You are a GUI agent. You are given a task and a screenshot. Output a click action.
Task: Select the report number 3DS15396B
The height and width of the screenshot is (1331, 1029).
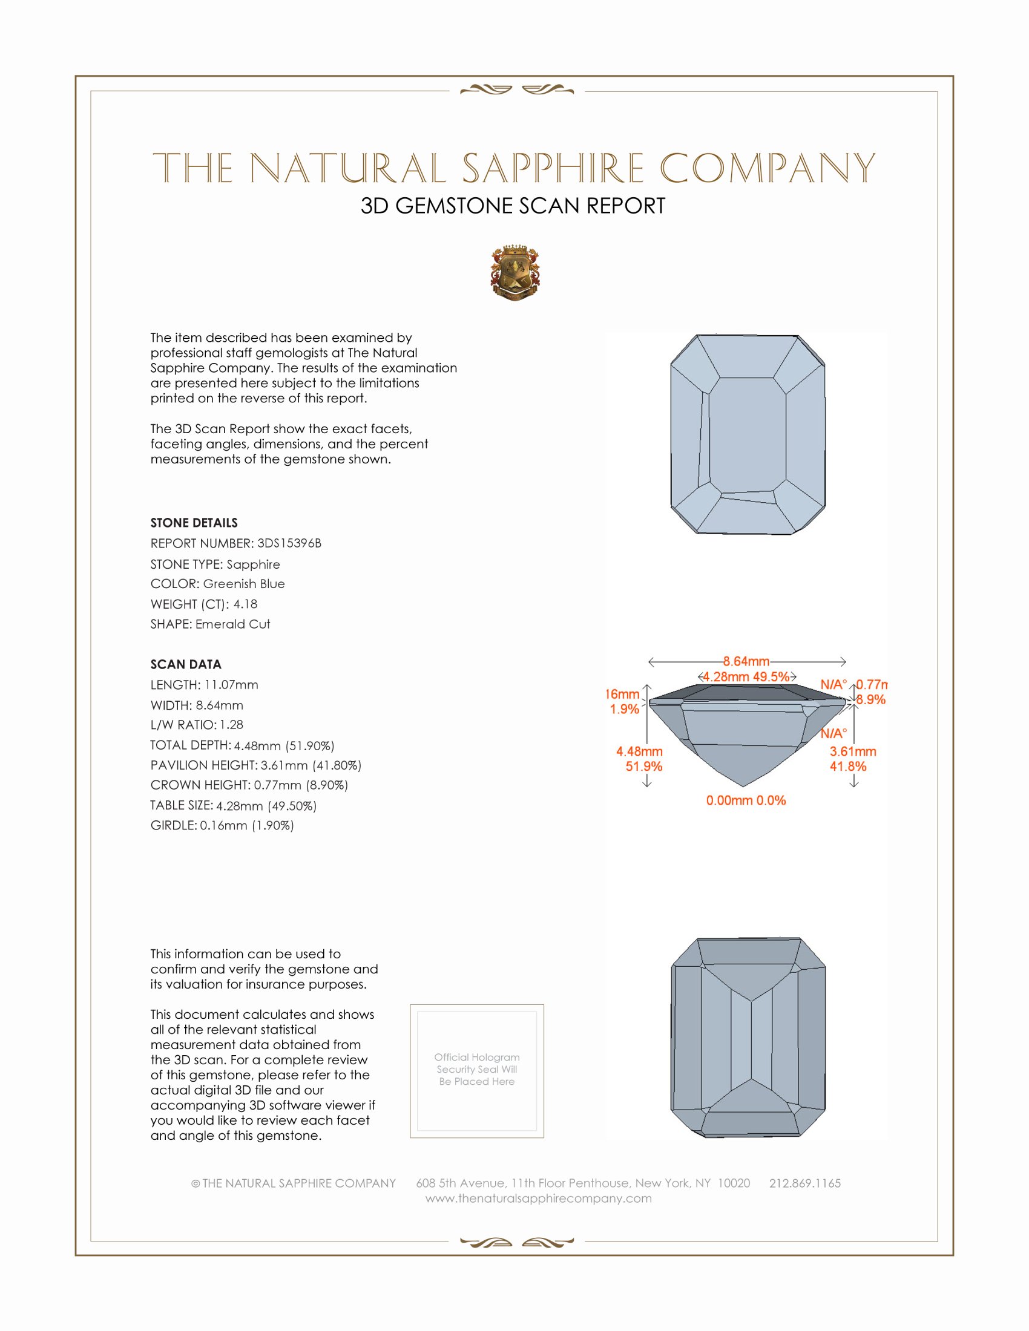pyautogui.click(x=289, y=543)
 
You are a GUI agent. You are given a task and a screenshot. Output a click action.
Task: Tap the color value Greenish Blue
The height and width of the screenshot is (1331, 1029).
pyautogui.click(x=244, y=584)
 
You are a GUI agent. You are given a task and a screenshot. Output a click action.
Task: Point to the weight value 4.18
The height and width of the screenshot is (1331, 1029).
pyautogui.click(x=245, y=604)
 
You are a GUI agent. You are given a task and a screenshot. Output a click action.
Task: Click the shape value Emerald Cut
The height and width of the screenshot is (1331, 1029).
pyautogui.click(x=233, y=624)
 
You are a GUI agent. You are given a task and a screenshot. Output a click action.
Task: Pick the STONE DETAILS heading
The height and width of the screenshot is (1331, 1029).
pyautogui.click(x=194, y=523)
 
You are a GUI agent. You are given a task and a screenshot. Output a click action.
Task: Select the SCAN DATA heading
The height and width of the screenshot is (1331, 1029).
pyautogui.click(x=186, y=664)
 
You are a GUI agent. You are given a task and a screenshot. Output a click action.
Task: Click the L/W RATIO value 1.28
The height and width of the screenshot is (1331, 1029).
pyautogui.click(x=232, y=725)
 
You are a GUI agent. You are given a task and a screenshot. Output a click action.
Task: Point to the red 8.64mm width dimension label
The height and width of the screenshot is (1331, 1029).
pyautogui.click(x=746, y=661)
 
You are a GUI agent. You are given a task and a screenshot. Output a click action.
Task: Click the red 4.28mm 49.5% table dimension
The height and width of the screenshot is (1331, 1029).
pyautogui.click(x=746, y=676)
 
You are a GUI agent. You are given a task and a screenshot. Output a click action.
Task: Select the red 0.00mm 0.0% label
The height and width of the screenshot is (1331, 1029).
pyautogui.click(x=746, y=800)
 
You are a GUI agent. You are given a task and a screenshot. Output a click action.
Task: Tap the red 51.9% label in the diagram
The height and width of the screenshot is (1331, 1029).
pyautogui.click(x=644, y=767)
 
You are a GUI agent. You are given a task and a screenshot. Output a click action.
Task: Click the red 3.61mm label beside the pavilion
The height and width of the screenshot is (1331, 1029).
pyautogui.click(x=853, y=751)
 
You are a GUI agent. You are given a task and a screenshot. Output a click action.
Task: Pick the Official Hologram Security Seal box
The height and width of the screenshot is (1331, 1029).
pyautogui.click(x=477, y=1071)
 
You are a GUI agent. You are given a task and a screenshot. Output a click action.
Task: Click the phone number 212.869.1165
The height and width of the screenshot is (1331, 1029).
pyautogui.click(x=804, y=1183)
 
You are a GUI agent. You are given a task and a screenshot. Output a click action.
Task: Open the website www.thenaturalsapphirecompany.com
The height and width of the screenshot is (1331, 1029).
pyautogui.click(x=538, y=1198)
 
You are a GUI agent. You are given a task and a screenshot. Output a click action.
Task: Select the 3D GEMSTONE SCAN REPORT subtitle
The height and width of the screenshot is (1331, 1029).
pyautogui.click(x=513, y=206)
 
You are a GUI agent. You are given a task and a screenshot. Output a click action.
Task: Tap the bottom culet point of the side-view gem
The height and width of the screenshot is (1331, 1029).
pyautogui.click(x=743, y=785)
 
